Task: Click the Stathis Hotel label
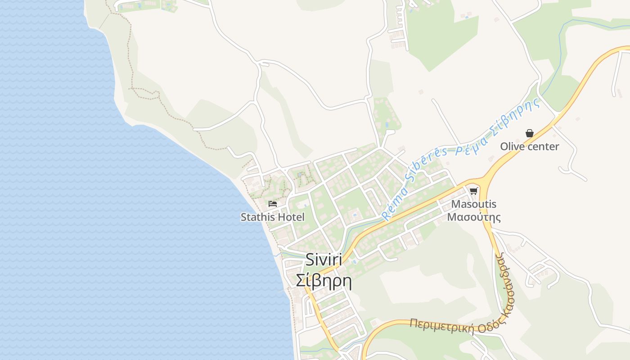[x=272, y=217]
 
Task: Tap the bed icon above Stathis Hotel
[x=272, y=204]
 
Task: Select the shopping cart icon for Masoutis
[x=473, y=191]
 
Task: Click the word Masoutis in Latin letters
[x=473, y=204]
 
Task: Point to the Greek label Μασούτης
[x=473, y=217]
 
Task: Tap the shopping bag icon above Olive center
[x=530, y=133]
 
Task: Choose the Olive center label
[x=530, y=146]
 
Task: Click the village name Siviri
[x=324, y=260]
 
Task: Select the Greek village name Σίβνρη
[x=324, y=281]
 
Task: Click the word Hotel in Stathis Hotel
[x=290, y=217]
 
